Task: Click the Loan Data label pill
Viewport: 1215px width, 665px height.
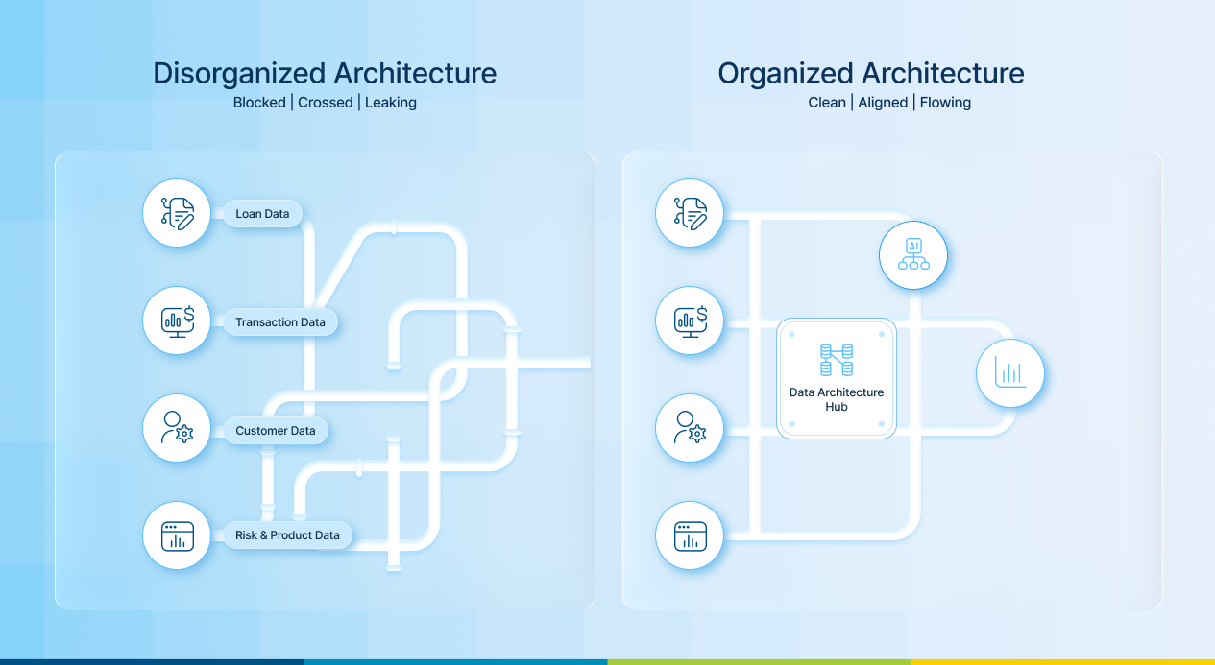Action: pos(262,214)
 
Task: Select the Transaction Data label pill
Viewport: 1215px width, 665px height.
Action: pos(280,321)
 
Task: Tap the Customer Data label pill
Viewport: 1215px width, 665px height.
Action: pos(276,430)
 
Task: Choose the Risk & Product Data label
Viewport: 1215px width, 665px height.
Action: pos(287,534)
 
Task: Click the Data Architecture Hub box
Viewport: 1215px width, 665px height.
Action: pos(837,378)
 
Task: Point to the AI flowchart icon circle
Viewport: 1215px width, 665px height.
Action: pos(913,254)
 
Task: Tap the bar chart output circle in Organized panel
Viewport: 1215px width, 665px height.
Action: pos(1010,373)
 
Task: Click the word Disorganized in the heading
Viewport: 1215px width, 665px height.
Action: pos(239,74)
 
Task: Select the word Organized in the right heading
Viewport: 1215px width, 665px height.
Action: pos(786,74)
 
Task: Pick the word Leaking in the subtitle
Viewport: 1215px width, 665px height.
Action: pos(391,103)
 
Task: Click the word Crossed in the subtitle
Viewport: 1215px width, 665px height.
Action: pos(325,103)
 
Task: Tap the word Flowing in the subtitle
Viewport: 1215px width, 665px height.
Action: pos(945,103)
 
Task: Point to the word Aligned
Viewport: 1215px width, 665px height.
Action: pos(883,103)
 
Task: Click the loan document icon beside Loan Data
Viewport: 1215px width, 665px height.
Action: pos(177,213)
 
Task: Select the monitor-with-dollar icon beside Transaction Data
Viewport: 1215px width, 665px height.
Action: pos(177,321)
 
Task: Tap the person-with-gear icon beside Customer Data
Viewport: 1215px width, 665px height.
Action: pos(177,428)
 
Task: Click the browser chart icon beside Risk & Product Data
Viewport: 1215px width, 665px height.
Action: pos(177,535)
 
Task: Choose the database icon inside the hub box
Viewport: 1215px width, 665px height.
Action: pos(837,360)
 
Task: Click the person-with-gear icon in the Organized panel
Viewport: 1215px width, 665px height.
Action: pos(690,428)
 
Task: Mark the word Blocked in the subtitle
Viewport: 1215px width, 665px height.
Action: pos(259,103)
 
